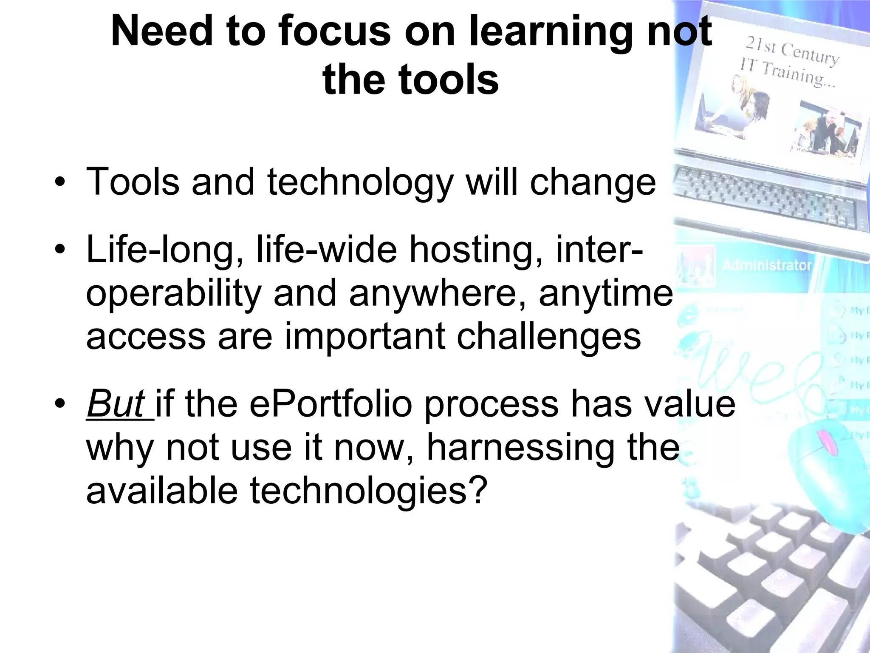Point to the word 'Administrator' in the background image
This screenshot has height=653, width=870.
(767, 265)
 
